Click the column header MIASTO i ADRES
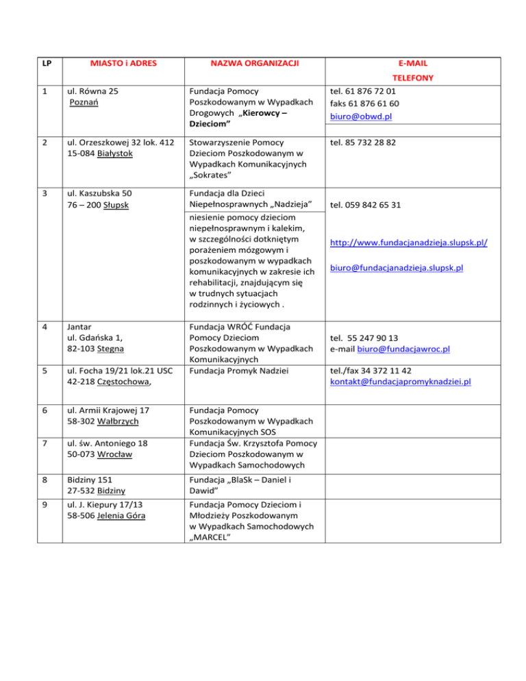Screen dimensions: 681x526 point(123,64)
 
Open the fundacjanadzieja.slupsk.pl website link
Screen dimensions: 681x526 point(413,243)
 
